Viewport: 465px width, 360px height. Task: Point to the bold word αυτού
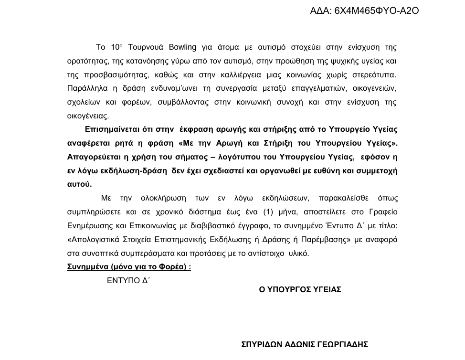[x=79, y=184]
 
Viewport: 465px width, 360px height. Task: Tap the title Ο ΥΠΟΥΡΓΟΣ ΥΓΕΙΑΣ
[x=300, y=289]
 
